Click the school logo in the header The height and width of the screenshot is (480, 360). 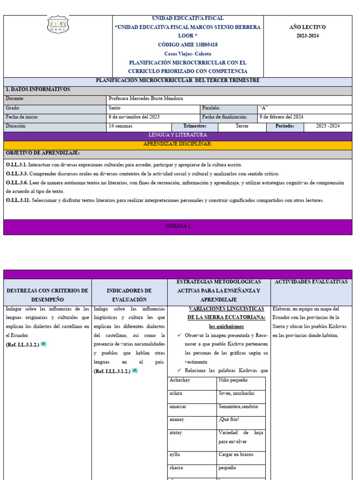click(58, 24)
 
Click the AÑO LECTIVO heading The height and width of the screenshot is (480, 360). click(307, 27)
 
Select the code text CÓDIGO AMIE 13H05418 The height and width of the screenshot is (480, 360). click(187, 45)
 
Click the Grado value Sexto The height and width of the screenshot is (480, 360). click(114, 108)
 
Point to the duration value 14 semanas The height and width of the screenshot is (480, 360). click(120, 126)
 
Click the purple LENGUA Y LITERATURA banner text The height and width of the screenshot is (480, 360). click(177, 135)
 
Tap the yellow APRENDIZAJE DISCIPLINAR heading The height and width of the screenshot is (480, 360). click(177, 144)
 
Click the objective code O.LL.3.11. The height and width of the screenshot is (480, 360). click(17, 201)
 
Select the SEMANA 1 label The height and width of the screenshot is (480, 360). click(178, 226)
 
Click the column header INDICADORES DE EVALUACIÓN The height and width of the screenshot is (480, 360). click(129, 295)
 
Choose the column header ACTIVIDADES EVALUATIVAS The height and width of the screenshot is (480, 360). click(311, 282)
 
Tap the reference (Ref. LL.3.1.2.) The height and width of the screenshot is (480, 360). click(22, 345)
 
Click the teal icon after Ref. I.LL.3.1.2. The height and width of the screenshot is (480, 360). click(135, 371)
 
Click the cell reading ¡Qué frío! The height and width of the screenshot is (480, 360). click(229, 420)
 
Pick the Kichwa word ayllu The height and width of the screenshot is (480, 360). click(174, 455)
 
